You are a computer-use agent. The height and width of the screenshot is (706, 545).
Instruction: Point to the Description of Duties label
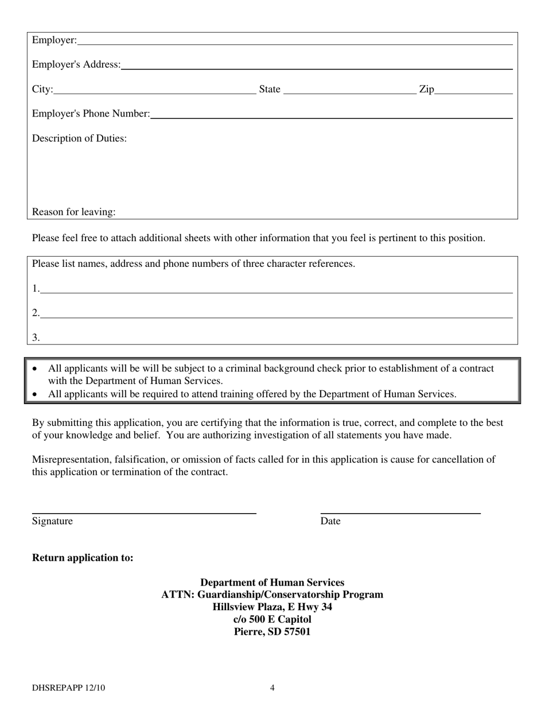point(79,138)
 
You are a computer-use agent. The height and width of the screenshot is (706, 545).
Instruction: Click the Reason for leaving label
point(73,212)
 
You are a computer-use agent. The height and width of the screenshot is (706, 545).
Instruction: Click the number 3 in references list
point(36,338)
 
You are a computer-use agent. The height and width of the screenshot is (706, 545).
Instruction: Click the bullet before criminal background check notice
point(36,369)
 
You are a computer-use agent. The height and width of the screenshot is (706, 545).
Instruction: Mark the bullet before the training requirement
point(36,395)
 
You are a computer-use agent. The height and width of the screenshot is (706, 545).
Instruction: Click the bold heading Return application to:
point(83,558)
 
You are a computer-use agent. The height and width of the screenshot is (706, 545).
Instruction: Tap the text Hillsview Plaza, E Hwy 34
point(272,607)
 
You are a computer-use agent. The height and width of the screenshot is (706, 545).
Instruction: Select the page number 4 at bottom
point(272,688)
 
